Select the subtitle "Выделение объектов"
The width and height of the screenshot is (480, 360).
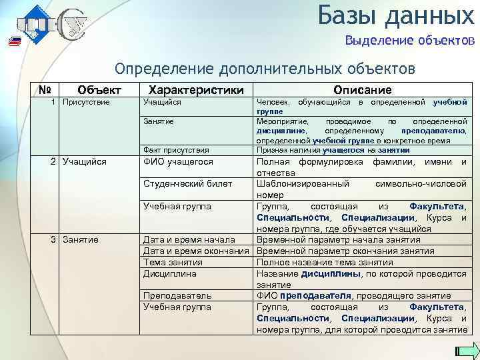coord(409,41)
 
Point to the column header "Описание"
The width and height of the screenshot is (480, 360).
coord(363,89)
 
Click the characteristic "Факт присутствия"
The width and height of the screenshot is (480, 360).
coord(176,150)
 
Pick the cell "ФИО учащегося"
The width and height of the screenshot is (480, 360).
coord(178,161)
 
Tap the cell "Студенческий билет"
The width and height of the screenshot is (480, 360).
coord(188,183)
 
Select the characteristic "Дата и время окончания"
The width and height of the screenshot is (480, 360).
coord(197,251)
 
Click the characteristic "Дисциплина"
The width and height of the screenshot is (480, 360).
coord(170,273)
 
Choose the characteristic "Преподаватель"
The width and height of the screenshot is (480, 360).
coord(177,295)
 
